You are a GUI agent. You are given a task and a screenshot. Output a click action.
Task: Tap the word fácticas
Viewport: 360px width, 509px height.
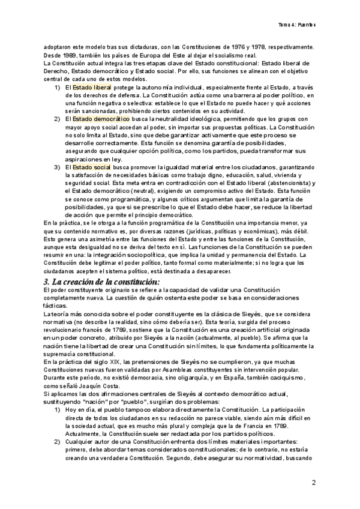click(x=55, y=306)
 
